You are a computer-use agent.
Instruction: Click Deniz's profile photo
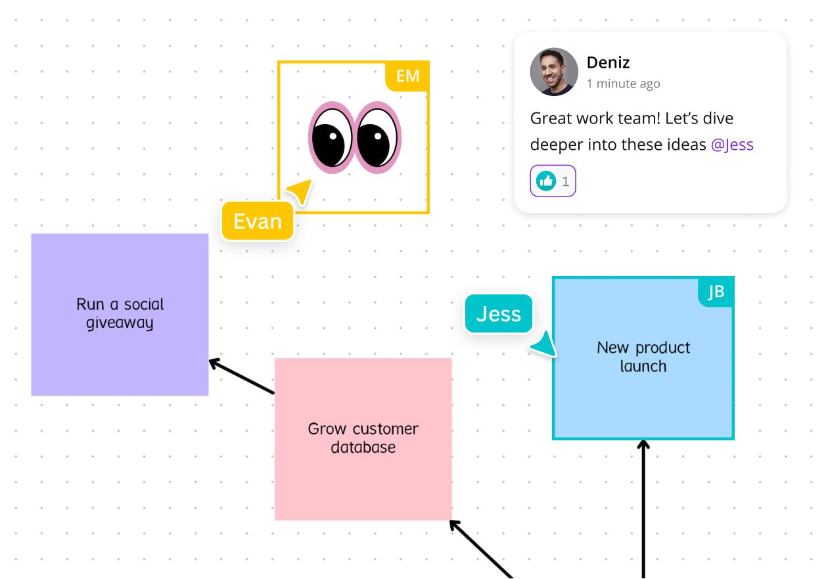point(554,72)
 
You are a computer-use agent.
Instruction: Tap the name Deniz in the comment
point(608,63)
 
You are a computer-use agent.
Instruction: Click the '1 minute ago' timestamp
point(623,84)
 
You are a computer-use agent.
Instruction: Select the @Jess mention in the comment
point(732,145)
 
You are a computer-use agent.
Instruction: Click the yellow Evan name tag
point(258,221)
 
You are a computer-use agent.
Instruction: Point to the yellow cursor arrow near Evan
point(300,192)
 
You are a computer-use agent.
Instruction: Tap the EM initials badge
point(407,76)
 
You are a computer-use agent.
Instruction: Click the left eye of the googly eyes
point(331,137)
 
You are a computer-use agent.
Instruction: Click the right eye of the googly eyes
point(378,137)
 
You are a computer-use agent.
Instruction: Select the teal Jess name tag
point(498,313)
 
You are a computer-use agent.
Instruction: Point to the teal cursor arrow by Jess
point(545,344)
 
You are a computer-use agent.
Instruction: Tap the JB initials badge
point(716,292)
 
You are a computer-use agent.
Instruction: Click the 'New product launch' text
point(643,357)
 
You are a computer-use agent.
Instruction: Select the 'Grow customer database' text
point(363,438)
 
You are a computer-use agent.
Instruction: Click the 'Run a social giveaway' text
point(120,313)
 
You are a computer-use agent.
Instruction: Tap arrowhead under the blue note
point(643,446)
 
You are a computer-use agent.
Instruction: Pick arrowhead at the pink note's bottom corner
point(455,525)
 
